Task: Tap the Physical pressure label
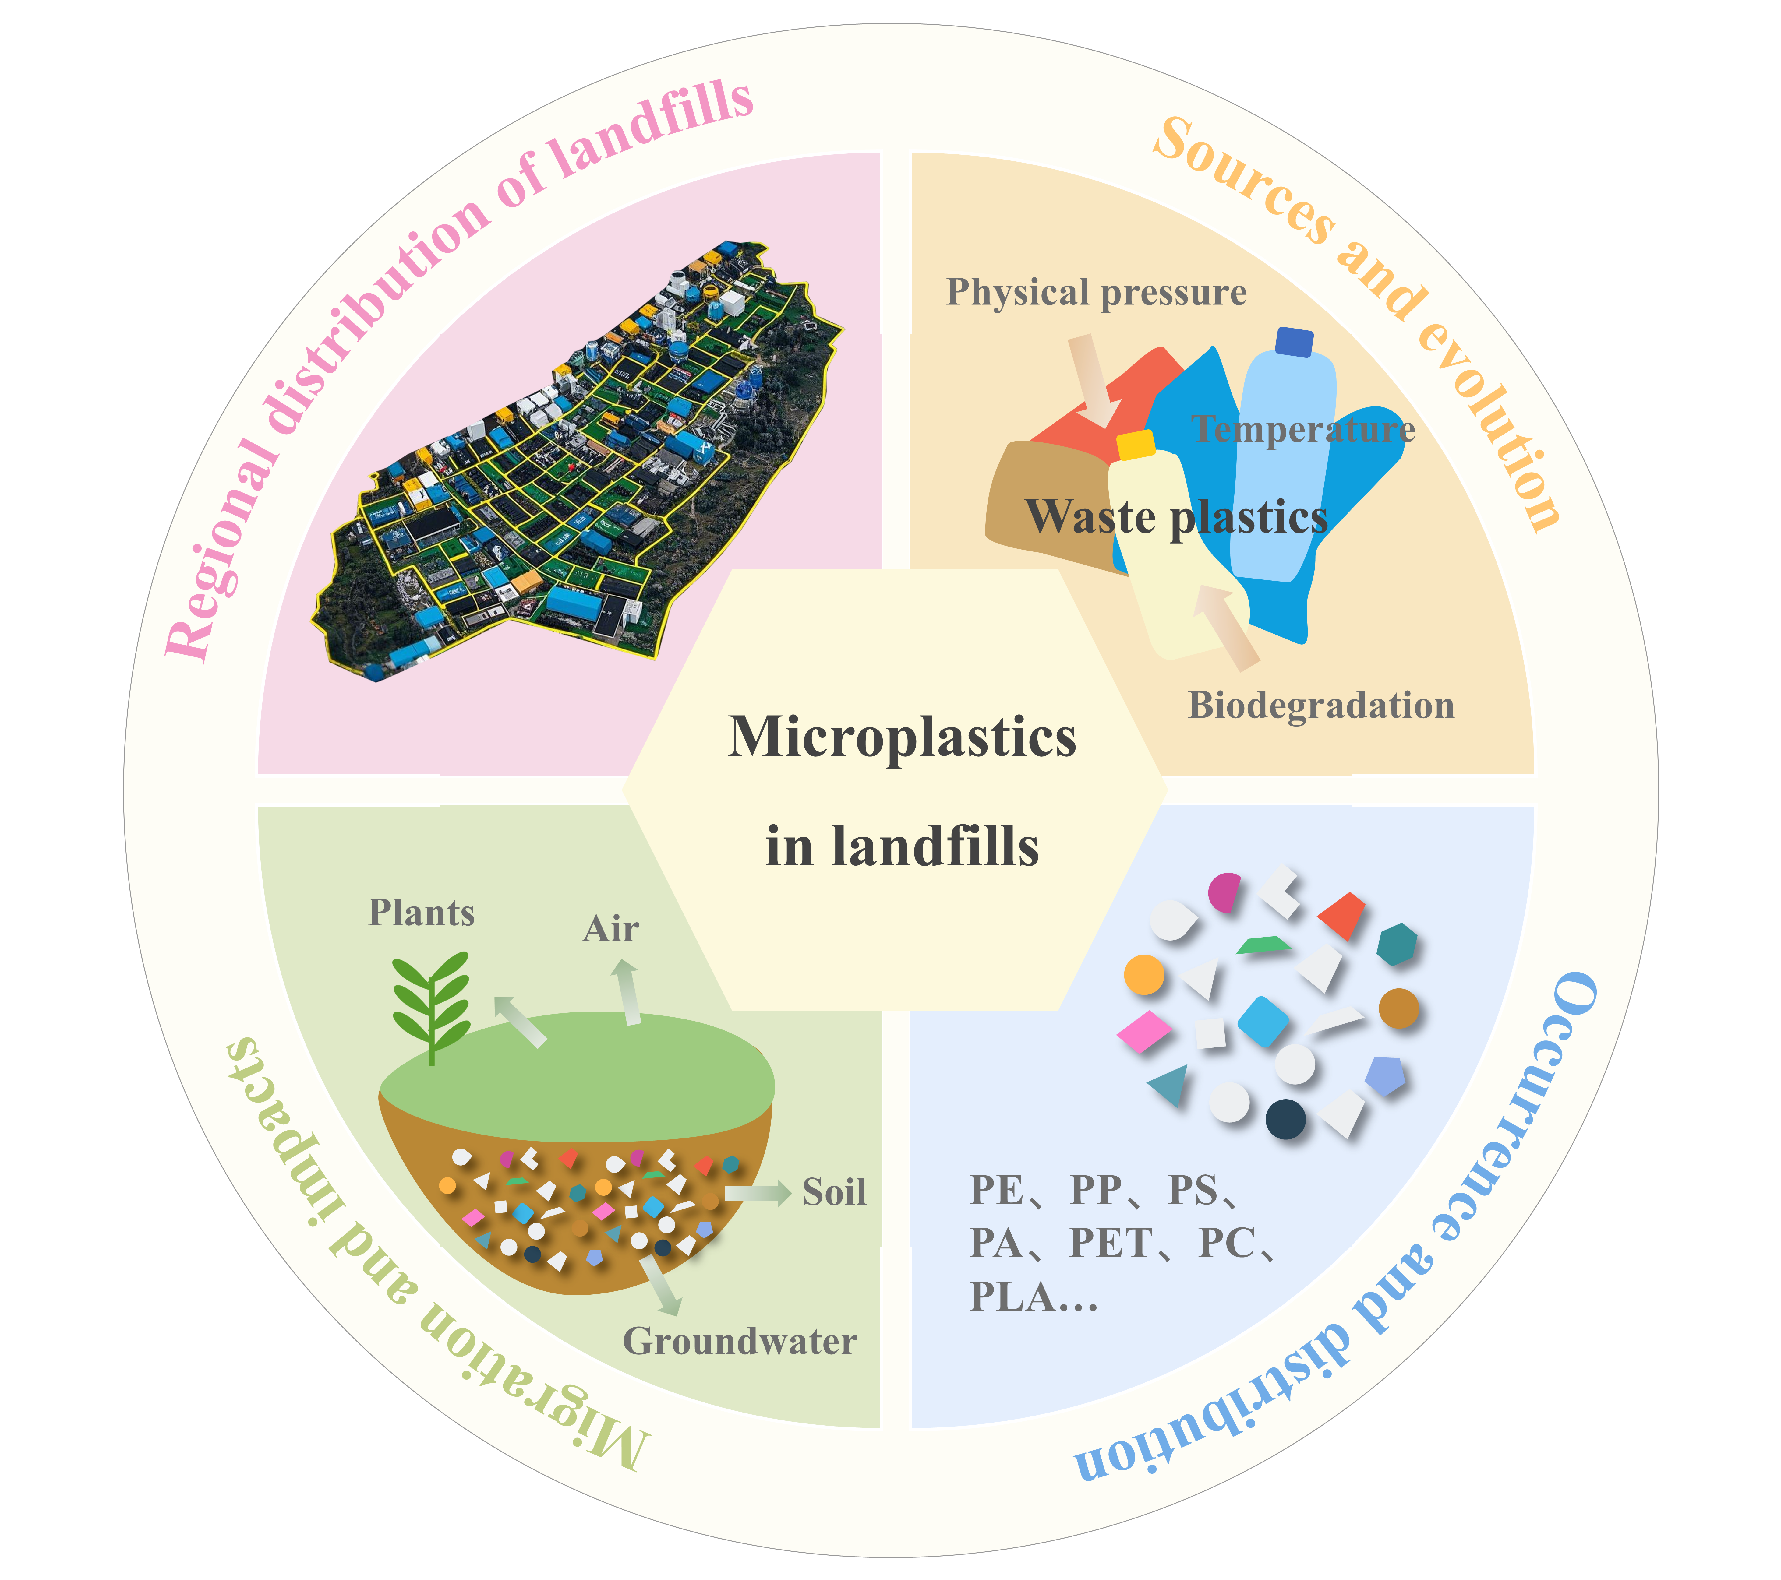pyautogui.click(x=1096, y=293)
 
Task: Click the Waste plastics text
pyautogui.click(x=1176, y=516)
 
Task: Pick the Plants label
pyautogui.click(x=422, y=913)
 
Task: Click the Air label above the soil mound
pyautogui.click(x=611, y=929)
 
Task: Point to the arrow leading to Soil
pyautogui.click(x=758, y=1192)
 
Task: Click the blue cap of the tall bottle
pyautogui.click(x=1294, y=342)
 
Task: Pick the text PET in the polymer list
pyautogui.click(x=1110, y=1243)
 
